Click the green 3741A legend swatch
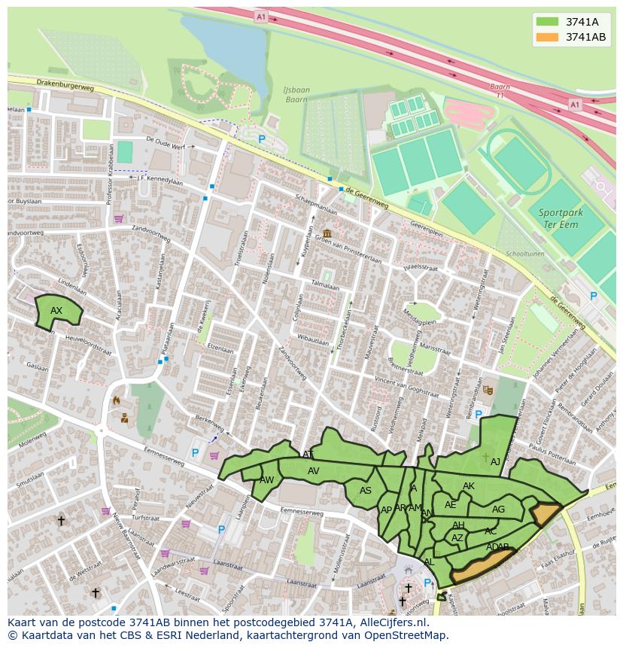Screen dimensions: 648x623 (547, 22)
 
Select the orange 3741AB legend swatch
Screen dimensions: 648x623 (547, 37)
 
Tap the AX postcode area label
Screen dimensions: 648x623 (56, 311)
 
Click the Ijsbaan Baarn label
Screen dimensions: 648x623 (296, 95)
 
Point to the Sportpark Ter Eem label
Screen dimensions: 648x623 (561, 218)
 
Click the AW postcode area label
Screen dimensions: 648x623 (266, 480)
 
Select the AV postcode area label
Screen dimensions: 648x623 (314, 471)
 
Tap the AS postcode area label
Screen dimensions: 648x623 (366, 491)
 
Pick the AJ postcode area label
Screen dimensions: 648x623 (495, 462)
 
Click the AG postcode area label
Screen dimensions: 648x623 (498, 510)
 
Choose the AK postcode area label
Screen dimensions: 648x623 (469, 486)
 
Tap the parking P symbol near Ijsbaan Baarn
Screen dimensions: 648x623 (262, 139)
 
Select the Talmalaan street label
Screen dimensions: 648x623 (326, 286)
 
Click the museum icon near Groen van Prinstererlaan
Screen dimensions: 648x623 (327, 233)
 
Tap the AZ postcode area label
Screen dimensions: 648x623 (457, 538)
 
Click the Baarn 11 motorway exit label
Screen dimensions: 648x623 (500, 91)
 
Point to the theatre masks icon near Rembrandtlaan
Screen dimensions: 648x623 (488, 390)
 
